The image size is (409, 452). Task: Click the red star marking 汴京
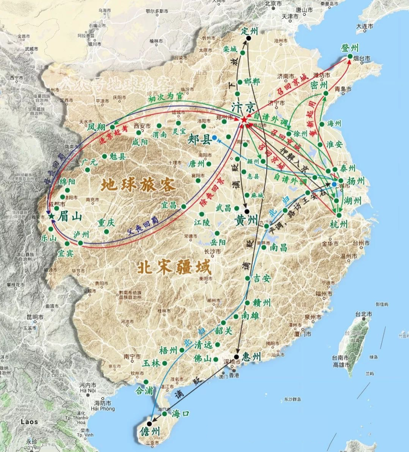pyautogui.click(x=244, y=120)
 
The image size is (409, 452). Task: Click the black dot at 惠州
pyautogui.click(x=237, y=356)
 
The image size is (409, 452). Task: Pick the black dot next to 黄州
pyautogui.click(x=247, y=211)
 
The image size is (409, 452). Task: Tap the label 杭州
pyautogui.click(x=339, y=224)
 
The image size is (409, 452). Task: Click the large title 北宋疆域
pyautogui.click(x=174, y=268)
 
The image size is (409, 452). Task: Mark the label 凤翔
pyautogui.click(x=97, y=127)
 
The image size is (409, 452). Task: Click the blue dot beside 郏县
pyautogui.click(x=214, y=138)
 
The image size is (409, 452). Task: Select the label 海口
pyautogui.click(x=181, y=413)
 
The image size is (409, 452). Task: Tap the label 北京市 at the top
pyautogui.click(x=274, y=3)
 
